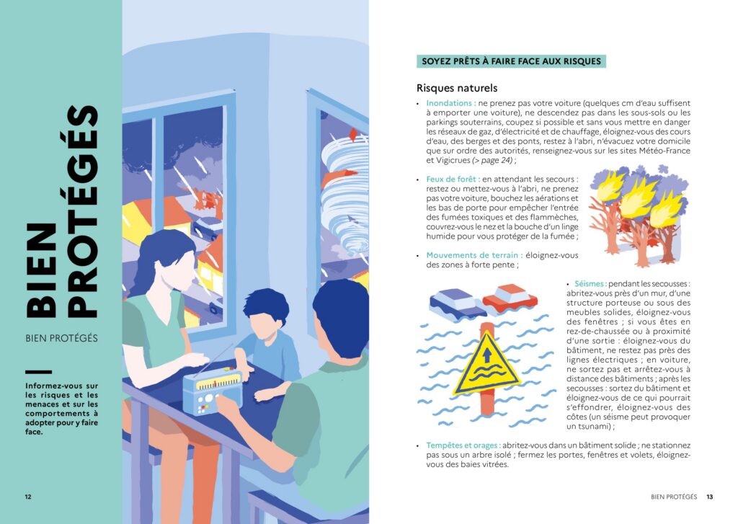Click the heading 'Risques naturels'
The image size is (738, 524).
[x=456, y=88]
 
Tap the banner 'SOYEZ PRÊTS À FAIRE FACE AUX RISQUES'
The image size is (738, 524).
[x=511, y=61]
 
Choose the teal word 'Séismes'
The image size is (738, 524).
[x=590, y=284]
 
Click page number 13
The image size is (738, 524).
[x=709, y=497]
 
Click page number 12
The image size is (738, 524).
[x=28, y=497]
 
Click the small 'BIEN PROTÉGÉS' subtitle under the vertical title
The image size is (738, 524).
[x=62, y=338]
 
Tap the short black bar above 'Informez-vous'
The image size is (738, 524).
[x=39, y=372]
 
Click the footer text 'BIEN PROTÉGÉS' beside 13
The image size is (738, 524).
[x=674, y=497]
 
